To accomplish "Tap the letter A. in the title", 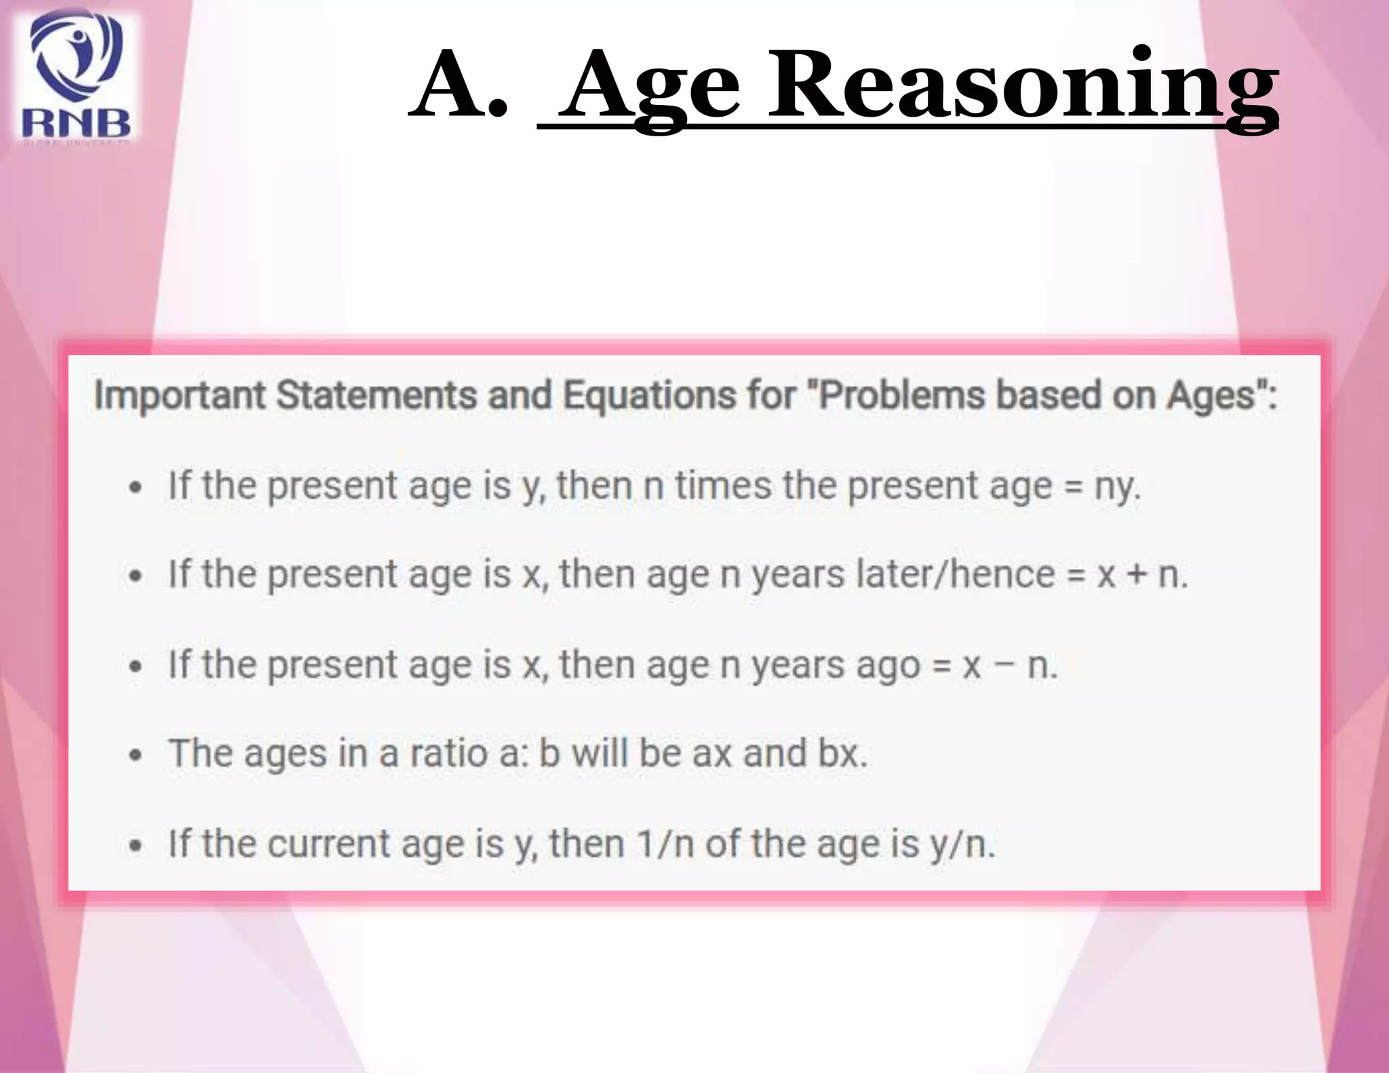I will (x=458, y=86).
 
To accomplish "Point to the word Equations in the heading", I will (x=649, y=395).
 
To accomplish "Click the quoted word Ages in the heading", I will (x=1211, y=395).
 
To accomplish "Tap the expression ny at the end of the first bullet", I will (x=1116, y=487).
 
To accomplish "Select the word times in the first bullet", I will (x=723, y=486).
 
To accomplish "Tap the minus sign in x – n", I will (x=1003, y=665).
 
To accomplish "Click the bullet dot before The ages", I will (x=136, y=755).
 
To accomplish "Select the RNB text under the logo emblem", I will (x=76, y=123).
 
